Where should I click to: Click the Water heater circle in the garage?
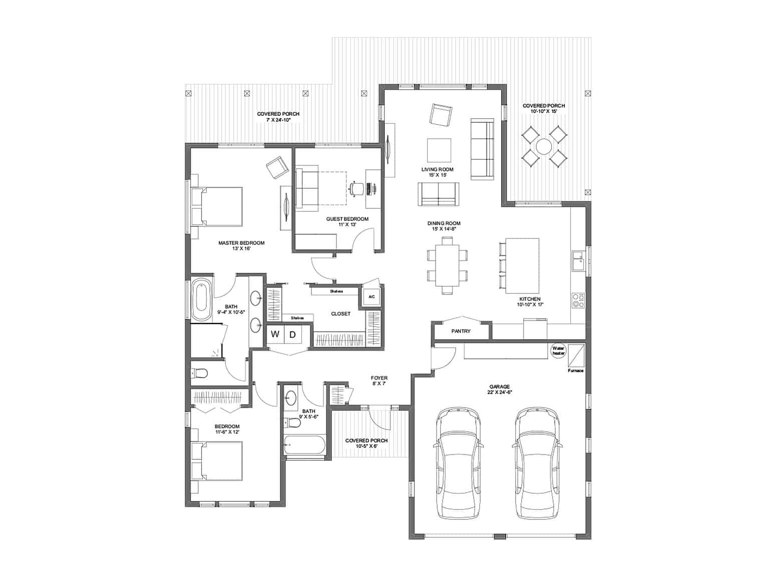click(558, 350)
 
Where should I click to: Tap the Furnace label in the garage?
click(575, 371)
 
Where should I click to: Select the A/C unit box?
click(371, 297)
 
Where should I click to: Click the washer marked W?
click(275, 334)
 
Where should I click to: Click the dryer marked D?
click(293, 334)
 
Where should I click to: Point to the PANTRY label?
click(461, 331)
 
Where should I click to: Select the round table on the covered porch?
click(543, 147)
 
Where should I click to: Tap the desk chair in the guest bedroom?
click(356, 188)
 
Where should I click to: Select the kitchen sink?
click(578, 261)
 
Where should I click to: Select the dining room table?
click(447, 265)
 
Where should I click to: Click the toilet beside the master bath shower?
click(201, 373)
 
